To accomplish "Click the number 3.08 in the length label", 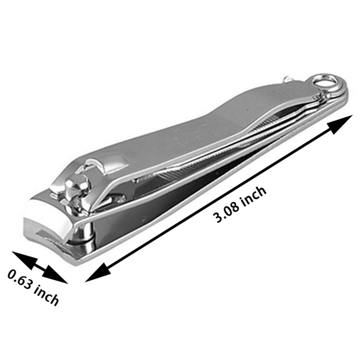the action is (226, 211).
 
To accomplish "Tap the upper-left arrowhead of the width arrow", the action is (24, 260).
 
